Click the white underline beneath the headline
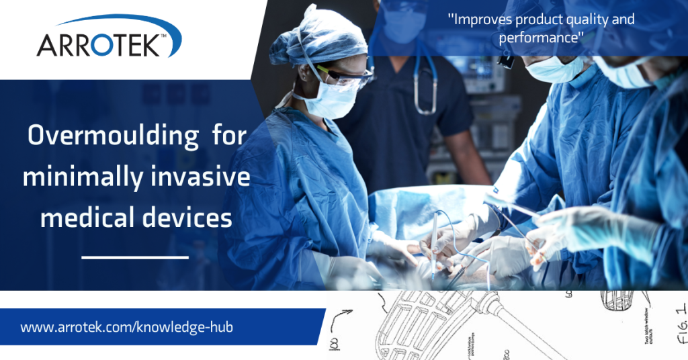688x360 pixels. pos(134,256)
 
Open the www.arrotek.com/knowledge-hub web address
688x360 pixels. pos(127,327)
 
